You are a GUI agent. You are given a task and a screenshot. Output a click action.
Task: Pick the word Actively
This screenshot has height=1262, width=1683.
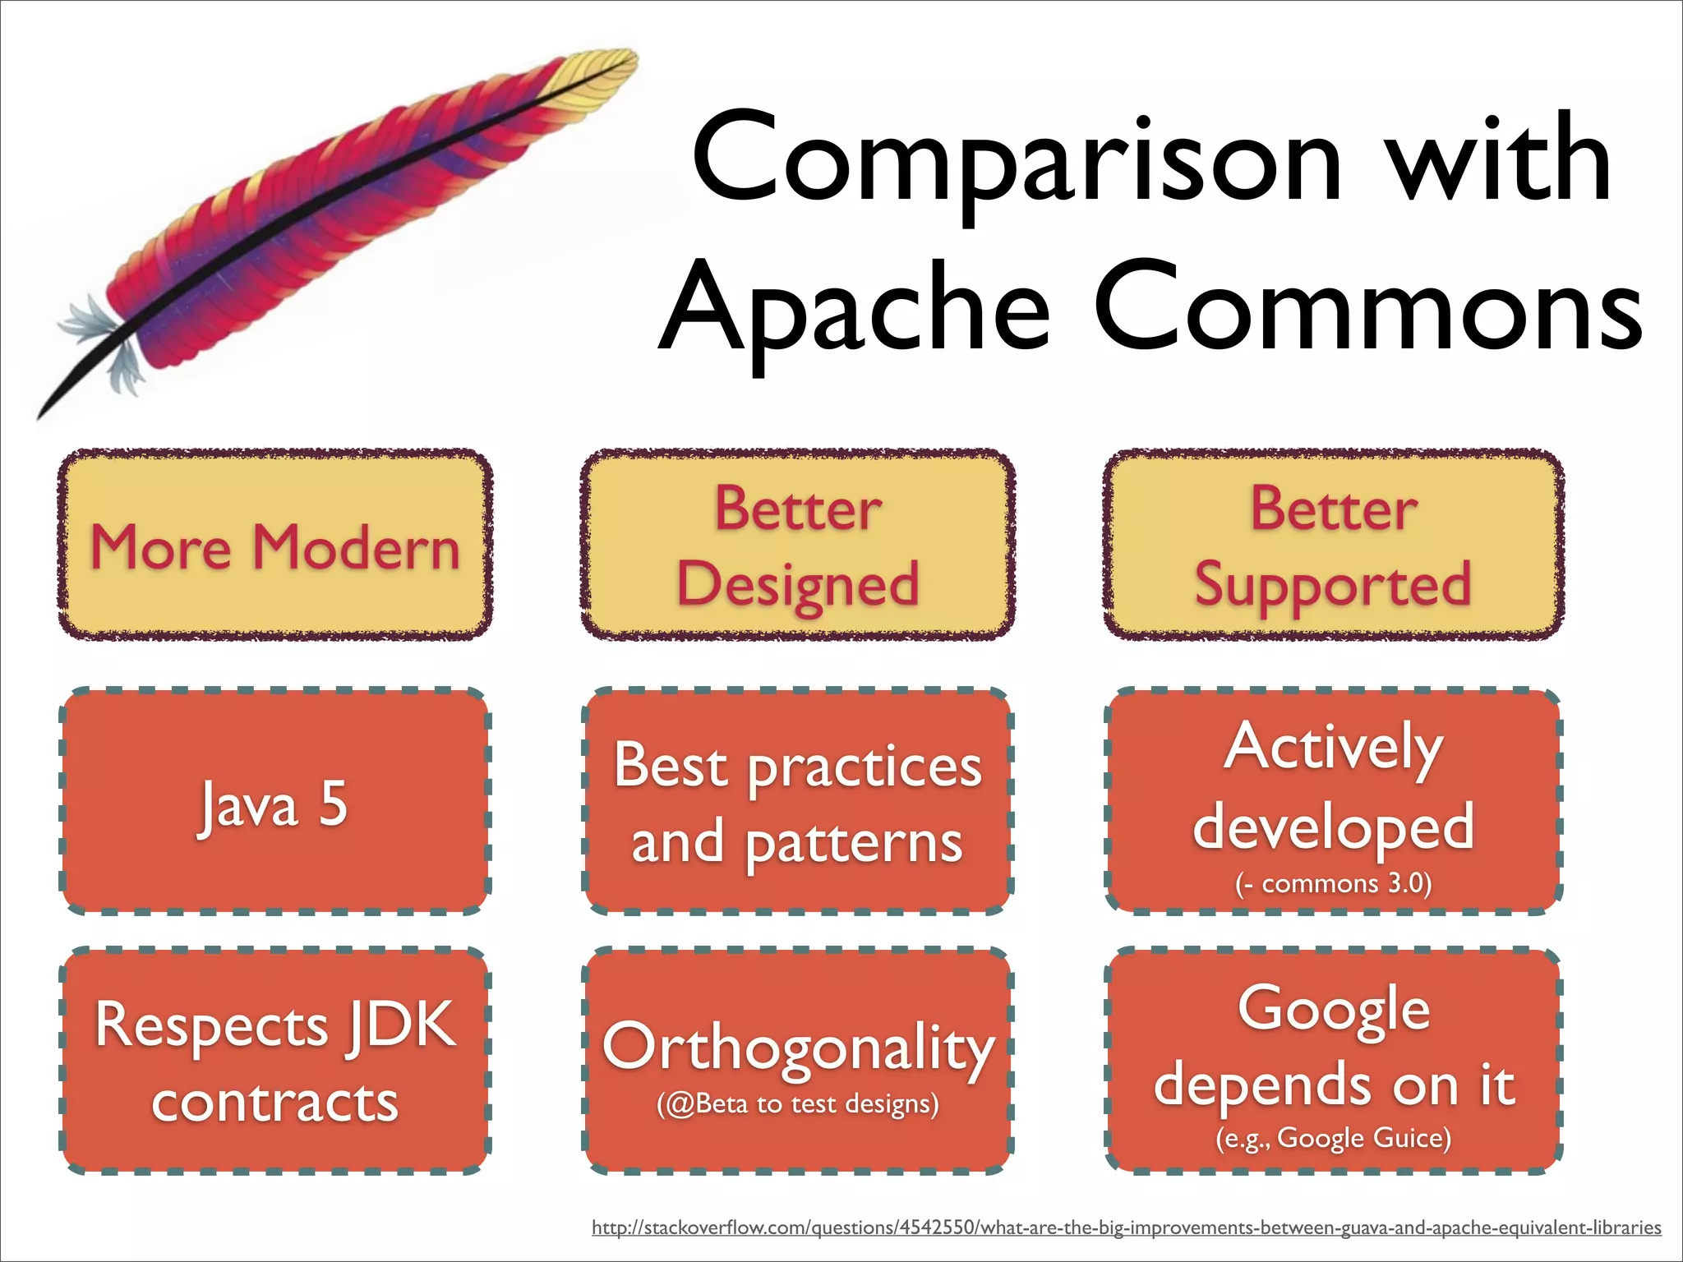point(1332,748)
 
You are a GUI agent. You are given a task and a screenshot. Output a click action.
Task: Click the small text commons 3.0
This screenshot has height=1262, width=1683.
point(1332,884)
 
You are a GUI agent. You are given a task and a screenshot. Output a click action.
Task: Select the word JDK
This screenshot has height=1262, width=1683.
point(401,1025)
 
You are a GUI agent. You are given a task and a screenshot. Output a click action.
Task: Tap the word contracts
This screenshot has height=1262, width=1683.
point(274,1102)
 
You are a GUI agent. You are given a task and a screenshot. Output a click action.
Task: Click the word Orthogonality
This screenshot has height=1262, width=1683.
point(797,1048)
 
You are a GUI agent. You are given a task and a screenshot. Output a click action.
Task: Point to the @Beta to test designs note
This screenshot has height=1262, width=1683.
point(797,1103)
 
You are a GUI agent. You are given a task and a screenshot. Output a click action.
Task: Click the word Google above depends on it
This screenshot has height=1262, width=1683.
point(1332,1009)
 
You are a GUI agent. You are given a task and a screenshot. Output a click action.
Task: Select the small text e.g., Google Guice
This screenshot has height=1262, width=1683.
point(1332,1138)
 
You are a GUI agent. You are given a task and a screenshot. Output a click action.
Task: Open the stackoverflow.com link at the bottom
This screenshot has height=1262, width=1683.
point(1126,1228)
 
